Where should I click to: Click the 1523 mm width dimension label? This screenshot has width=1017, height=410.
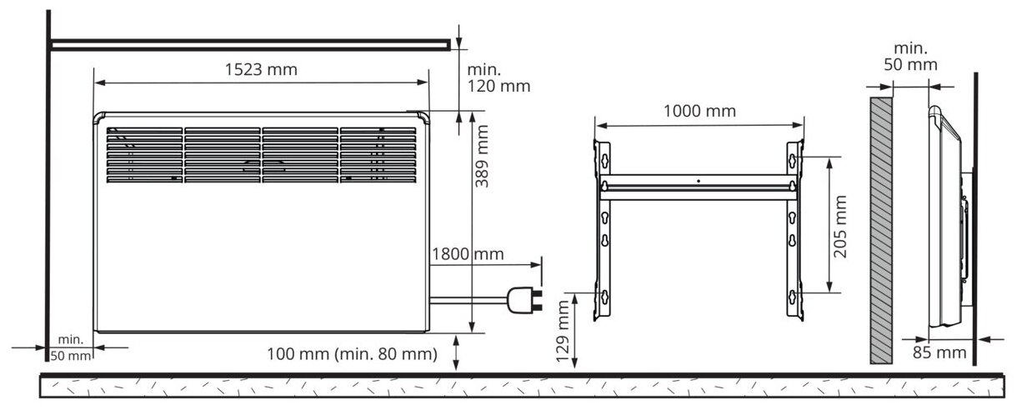(x=261, y=70)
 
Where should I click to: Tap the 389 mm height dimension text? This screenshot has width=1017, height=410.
(x=481, y=157)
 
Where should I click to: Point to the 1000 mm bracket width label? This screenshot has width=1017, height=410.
(x=699, y=112)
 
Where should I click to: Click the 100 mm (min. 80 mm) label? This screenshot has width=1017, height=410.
(x=352, y=353)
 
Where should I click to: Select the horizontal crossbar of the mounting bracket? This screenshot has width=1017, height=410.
(x=699, y=185)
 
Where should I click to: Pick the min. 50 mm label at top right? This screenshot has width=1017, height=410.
(x=910, y=56)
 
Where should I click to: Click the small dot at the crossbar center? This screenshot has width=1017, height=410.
(x=699, y=179)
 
